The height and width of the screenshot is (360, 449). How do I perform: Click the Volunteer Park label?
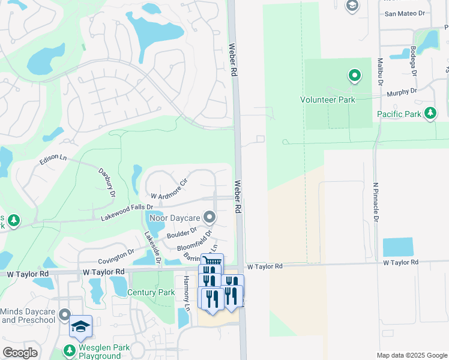coord(328,100)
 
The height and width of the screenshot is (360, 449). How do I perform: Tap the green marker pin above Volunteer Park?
coord(354,76)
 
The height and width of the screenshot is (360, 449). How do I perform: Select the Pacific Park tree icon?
coord(430,113)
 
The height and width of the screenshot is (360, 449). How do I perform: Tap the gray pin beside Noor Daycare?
coord(209,216)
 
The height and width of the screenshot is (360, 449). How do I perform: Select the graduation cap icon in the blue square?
coord(80,326)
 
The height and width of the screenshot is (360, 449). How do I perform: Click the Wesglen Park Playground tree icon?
coord(70,350)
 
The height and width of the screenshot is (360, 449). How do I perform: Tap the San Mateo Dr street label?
coord(405,13)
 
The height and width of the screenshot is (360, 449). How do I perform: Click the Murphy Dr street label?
coord(402,92)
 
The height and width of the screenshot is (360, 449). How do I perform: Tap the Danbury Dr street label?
coord(106,178)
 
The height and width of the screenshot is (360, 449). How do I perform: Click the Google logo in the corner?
coord(20,352)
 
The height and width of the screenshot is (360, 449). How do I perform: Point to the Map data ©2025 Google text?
coord(411,355)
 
